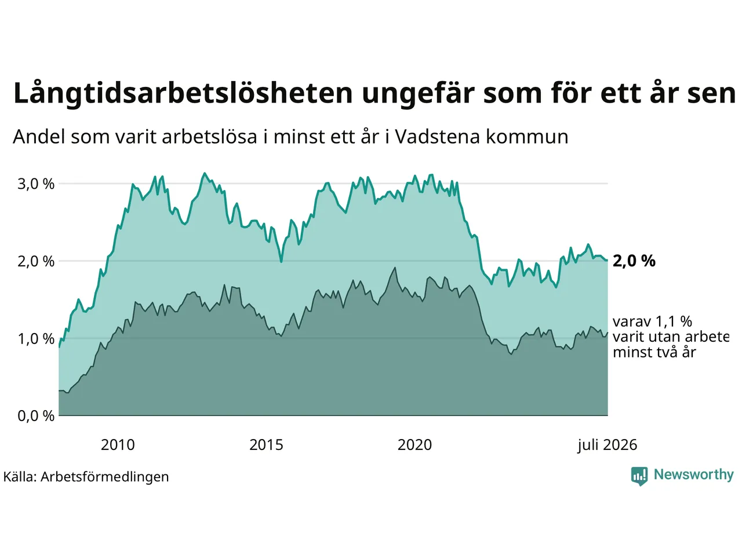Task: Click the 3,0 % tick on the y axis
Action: (36, 184)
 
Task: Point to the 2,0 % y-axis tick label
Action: (36, 262)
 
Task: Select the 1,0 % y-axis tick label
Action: (36, 339)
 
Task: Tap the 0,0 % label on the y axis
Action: (36, 416)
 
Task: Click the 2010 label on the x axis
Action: (118, 445)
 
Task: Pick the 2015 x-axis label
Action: (267, 445)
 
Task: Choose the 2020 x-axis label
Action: (415, 445)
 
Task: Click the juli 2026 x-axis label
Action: (608, 445)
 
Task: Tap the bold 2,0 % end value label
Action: (634, 261)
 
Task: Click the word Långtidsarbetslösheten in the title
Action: (183, 94)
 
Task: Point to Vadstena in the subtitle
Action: (437, 137)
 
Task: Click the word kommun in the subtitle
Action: (528, 137)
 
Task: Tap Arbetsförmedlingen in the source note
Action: (105, 477)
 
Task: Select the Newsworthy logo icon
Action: (639, 476)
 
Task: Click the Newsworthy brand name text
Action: (694, 475)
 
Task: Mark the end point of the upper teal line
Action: (608, 260)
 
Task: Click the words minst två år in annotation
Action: (654, 353)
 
